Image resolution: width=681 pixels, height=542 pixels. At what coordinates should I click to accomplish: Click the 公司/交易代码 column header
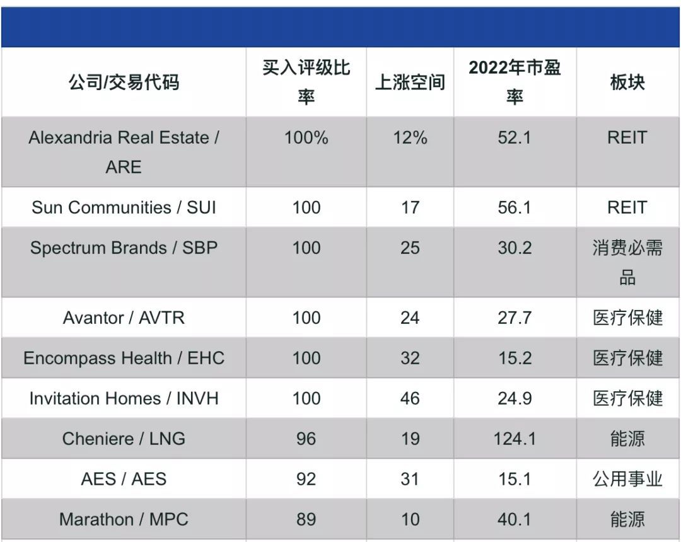click(124, 82)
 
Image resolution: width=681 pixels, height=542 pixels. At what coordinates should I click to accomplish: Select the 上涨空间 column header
click(410, 82)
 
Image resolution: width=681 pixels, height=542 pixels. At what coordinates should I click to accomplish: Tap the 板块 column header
click(627, 82)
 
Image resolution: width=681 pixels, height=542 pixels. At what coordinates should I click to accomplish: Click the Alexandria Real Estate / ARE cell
click(124, 152)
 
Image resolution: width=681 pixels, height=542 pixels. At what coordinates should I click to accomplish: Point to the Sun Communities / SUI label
click(124, 207)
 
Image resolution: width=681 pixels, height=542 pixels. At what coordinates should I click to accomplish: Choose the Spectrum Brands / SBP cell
click(124, 248)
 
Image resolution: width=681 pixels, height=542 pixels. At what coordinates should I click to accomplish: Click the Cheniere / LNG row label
click(124, 439)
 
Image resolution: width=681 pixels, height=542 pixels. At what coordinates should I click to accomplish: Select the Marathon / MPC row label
click(124, 519)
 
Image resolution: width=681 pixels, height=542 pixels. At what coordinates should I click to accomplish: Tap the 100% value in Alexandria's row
click(306, 138)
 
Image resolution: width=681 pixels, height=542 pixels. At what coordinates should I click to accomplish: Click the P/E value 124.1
click(515, 439)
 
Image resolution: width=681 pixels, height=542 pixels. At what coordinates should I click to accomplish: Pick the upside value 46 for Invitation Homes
click(410, 398)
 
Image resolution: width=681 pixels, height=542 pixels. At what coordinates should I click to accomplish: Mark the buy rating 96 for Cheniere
click(306, 439)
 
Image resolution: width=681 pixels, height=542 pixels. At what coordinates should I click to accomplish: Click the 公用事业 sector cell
click(627, 479)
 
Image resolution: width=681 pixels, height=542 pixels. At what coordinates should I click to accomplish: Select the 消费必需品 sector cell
click(627, 262)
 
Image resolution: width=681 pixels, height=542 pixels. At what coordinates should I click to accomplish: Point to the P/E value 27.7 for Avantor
click(515, 318)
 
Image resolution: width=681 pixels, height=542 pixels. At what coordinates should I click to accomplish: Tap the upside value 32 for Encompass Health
click(410, 358)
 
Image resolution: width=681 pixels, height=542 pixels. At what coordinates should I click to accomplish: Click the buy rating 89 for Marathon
click(306, 519)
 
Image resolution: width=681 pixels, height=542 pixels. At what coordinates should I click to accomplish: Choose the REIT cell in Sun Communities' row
click(627, 207)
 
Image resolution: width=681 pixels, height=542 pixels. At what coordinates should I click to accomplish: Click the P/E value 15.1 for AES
click(515, 479)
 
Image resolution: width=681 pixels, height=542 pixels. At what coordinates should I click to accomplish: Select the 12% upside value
click(410, 138)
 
